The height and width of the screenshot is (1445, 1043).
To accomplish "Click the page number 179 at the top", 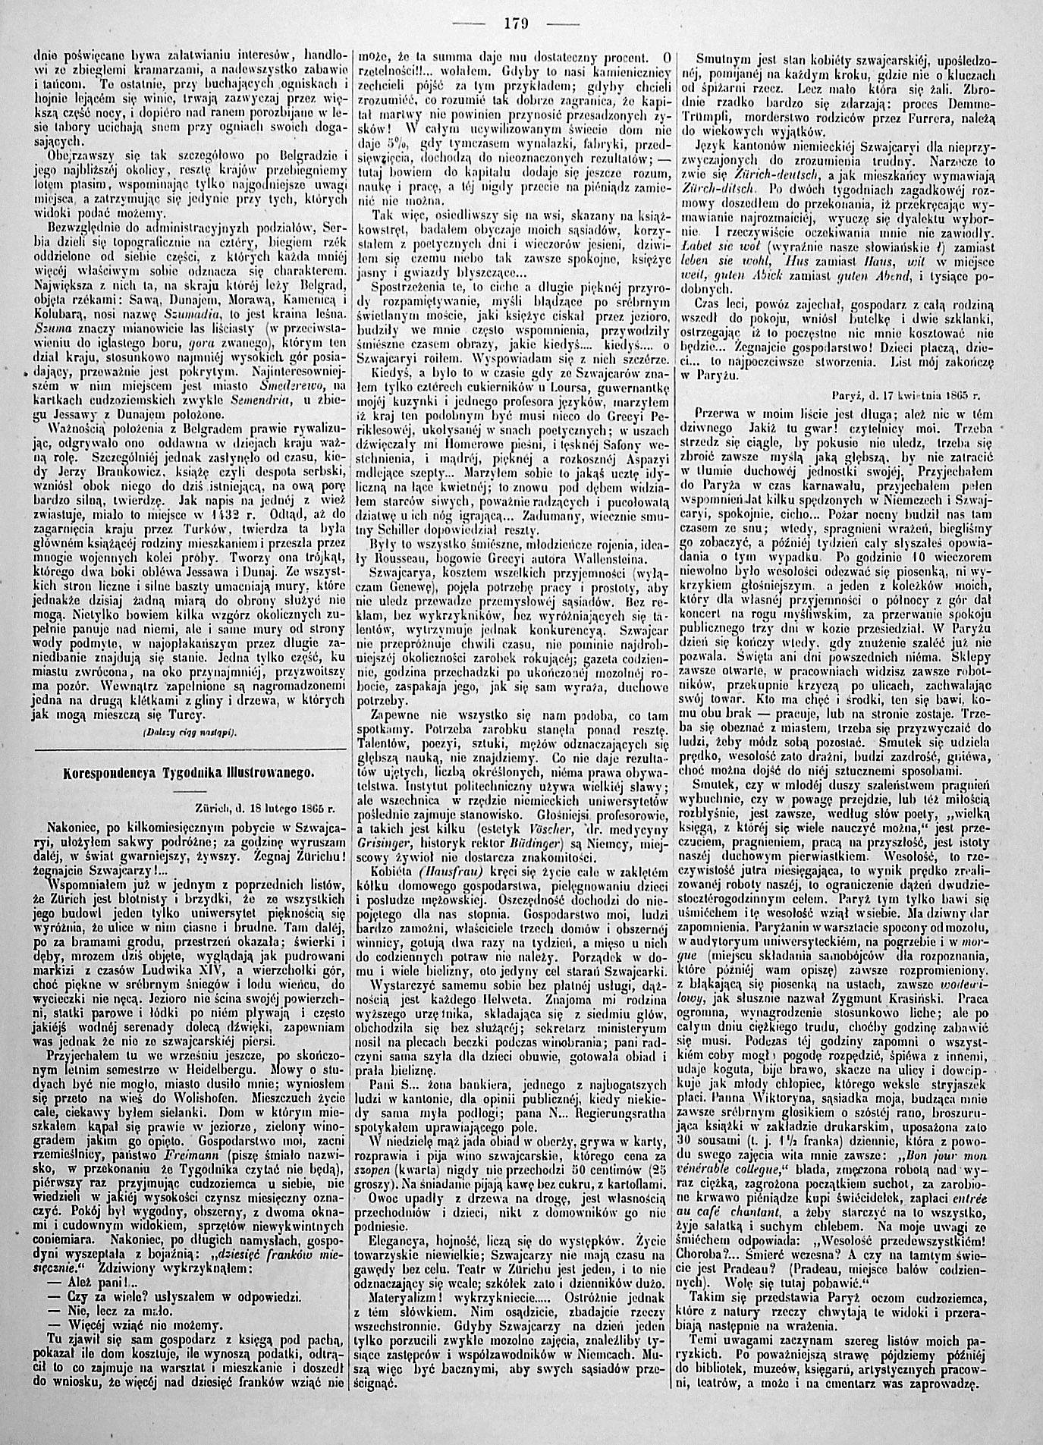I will click(521, 21).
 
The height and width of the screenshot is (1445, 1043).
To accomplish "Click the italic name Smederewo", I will click(284, 385).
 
